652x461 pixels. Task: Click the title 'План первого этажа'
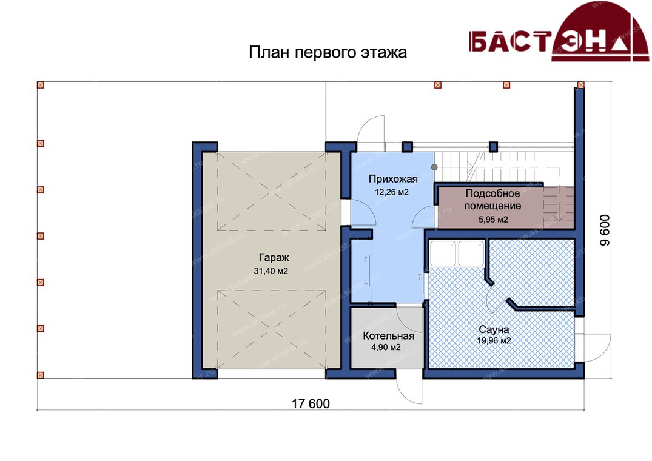(328, 53)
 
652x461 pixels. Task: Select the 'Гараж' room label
(274, 257)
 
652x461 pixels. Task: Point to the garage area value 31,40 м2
(271, 272)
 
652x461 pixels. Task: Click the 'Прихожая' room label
(393, 179)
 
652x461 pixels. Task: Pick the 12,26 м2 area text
(392, 192)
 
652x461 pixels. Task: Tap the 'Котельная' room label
(388, 336)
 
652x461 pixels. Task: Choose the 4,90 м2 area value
(386, 347)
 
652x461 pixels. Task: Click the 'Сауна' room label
(494, 329)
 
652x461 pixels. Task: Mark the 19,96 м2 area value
(494, 341)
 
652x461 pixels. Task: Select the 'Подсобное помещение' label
(492, 200)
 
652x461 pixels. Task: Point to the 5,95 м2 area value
(493, 220)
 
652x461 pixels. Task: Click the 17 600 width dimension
(311, 403)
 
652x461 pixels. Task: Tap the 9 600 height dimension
(605, 230)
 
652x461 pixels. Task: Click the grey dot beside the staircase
(434, 167)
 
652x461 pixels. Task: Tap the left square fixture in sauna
(443, 253)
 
